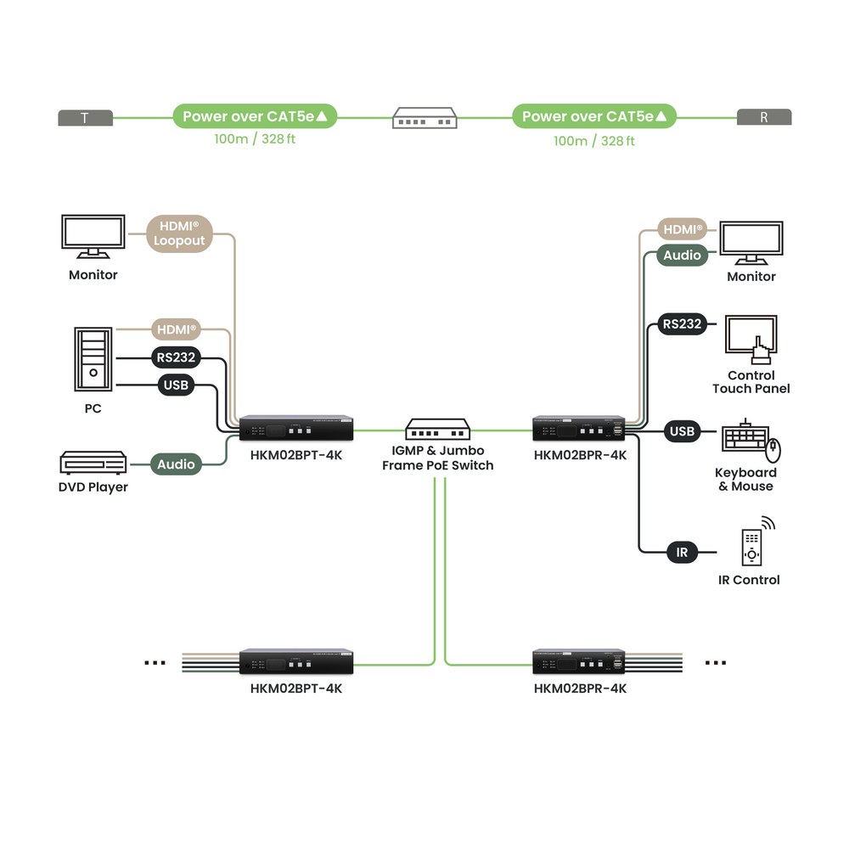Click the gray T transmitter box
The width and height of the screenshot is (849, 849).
point(85,118)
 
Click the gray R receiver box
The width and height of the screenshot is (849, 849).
point(764,118)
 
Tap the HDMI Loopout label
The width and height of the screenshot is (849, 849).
point(179,233)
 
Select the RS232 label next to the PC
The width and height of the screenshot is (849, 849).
point(176,357)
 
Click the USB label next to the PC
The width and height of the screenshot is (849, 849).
point(176,385)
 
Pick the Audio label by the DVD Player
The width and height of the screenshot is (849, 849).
point(176,464)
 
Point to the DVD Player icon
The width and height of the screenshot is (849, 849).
point(93,463)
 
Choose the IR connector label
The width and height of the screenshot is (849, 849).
point(682,553)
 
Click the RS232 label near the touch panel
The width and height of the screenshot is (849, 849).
point(682,323)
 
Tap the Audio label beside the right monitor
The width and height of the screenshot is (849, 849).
point(682,256)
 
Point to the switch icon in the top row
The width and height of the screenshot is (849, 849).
point(424,118)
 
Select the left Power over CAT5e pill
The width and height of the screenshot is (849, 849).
point(255,116)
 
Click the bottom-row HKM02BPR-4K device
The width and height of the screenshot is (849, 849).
point(580,661)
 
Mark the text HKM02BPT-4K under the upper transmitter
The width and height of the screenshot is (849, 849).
point(296,455)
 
